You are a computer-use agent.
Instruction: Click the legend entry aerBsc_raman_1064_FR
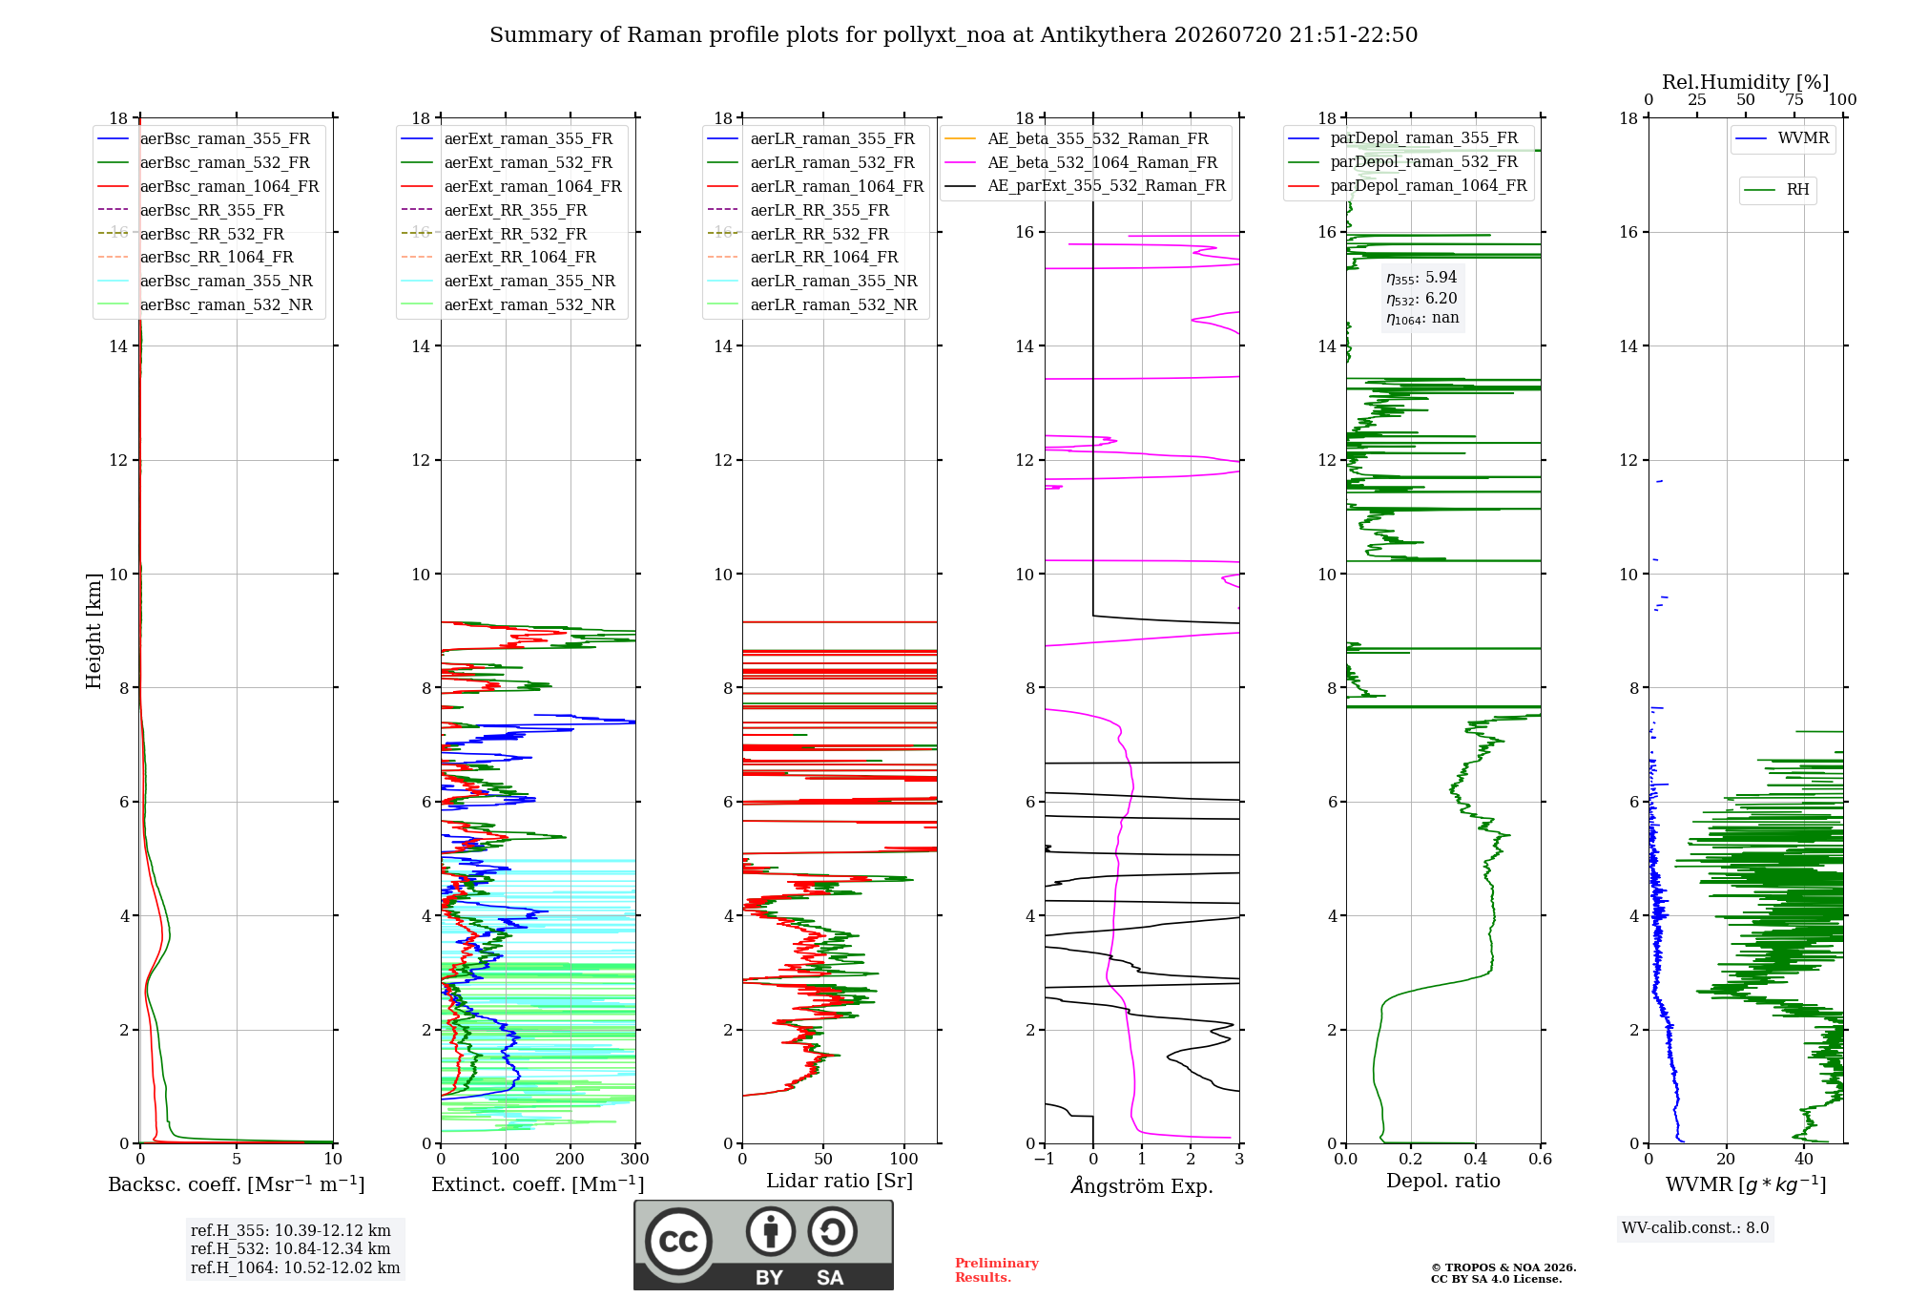[208, 186]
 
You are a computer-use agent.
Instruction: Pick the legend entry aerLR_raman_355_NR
[812, 281]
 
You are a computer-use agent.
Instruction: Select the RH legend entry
[1776, 190]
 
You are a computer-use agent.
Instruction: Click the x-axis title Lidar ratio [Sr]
[840, 1181]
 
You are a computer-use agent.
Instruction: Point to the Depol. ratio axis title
[1443, 1181]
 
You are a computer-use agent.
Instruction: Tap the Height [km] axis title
[93, 631]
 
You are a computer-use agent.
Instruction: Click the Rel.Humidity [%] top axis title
[1746, 82]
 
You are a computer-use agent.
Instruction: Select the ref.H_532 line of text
[290, 1248]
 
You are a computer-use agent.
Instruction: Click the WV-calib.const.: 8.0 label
[1695, 1227]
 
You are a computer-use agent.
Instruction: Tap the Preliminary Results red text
[997, 1270]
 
